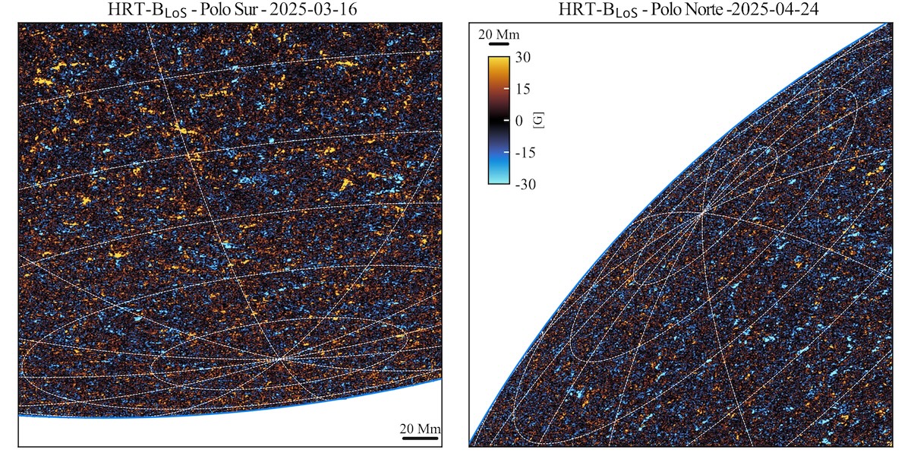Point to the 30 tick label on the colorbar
pyautogui.click(x=522, y=57)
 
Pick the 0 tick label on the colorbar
pyautogui.click(x=519, y=121)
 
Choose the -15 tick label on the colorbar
pyautogui.click(x=524, y=152)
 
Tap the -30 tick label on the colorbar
pyautogui.click(x=524, y=184)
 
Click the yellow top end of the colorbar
pyautogui.click(x=499, y=60)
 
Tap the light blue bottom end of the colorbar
pyautogui.click(x=499, y=180)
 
